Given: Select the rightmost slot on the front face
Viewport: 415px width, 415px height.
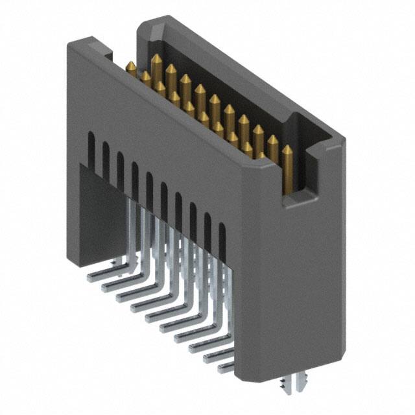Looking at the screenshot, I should pos(222,238).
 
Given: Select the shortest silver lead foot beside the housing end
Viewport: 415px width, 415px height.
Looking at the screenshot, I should pos(225,368).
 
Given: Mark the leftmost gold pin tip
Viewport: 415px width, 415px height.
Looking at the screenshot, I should pos(130,65).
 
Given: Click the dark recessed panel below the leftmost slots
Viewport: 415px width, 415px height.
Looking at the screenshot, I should pos(101,207).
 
